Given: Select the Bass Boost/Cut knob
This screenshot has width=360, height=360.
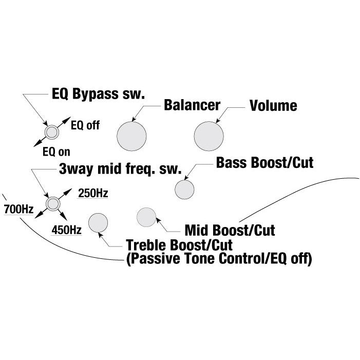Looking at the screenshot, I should pos(184,189).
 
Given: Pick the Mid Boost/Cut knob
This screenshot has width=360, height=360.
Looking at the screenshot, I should pos(146,217).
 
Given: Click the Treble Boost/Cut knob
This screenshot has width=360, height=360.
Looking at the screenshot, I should pos(98,222).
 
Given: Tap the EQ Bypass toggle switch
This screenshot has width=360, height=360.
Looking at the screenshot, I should pos(51,132).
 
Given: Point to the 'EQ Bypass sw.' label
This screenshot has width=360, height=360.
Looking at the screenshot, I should pos(99,94).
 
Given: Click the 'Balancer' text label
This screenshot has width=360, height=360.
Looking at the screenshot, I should pos(192,105).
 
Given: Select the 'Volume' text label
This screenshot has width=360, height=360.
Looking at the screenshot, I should pos(273,106).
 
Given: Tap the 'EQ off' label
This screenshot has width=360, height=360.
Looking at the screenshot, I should pos(85,125).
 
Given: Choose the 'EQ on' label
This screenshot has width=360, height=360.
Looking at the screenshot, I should pos(56,151).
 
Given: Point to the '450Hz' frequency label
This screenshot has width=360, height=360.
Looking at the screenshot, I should pos(67,230).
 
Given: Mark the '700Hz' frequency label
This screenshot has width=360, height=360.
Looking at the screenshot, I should pos(18,210).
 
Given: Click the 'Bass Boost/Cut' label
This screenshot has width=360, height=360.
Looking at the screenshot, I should pos(264,163).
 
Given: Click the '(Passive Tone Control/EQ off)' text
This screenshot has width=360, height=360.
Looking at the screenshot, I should pos(218,259).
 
